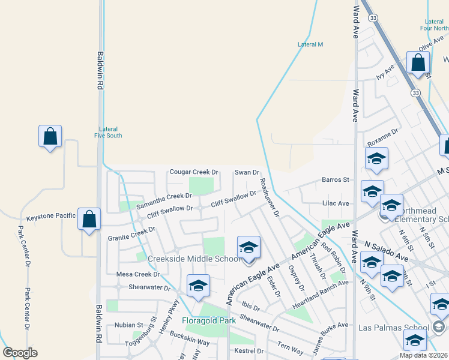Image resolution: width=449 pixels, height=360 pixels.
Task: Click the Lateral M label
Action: click(311, 44)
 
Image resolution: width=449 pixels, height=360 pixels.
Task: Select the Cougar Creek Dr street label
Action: click(193, 172)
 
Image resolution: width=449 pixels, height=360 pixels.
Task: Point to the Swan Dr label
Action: click(246, 172)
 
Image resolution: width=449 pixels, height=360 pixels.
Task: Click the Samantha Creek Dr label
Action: click(163, 200)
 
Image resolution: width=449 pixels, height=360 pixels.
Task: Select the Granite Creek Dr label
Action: click(131, 233)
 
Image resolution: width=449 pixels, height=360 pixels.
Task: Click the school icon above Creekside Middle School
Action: click(249, 247)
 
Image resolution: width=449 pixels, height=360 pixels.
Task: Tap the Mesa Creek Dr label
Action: click(136, 274)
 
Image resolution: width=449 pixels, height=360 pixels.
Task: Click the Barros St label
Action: click(335, 179)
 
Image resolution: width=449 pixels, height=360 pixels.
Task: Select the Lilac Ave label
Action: click(336, 203)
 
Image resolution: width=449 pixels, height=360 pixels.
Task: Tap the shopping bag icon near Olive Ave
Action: click(418, 63)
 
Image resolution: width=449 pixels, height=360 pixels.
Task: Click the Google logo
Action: click(20, 353)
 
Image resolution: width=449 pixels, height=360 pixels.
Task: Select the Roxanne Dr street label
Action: click(383, 139)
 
